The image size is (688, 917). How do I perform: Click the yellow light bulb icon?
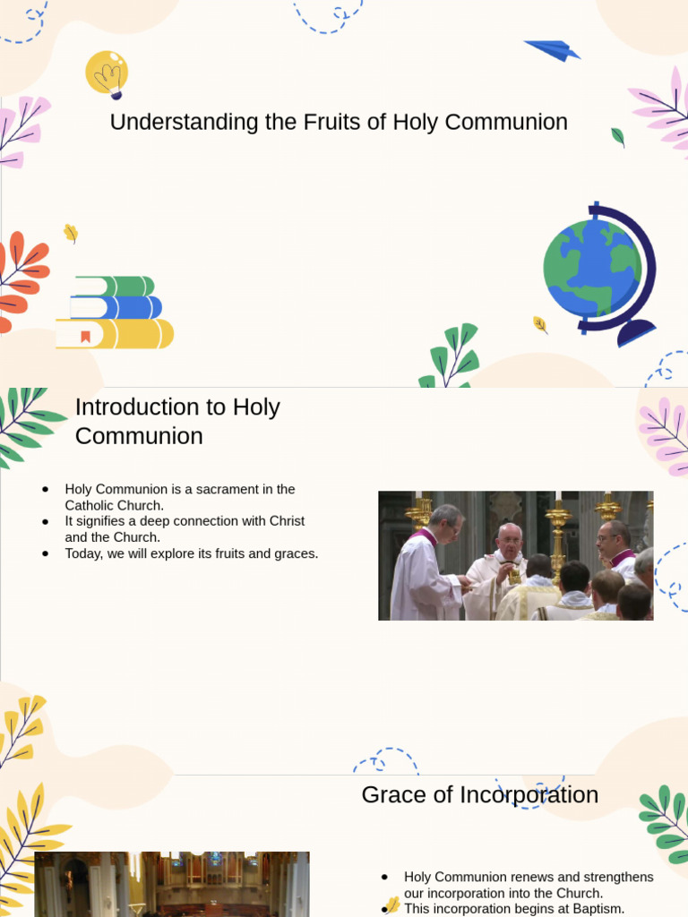[107, 73]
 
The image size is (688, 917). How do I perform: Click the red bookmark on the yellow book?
[86, 337]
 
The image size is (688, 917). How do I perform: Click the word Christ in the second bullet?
[286, 521]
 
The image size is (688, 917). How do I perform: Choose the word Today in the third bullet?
[82, 553]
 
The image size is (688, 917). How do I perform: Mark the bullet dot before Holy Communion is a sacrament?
[44, 489]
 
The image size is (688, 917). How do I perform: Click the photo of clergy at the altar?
[515, 555]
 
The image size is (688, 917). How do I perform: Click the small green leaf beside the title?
[617, 137]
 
